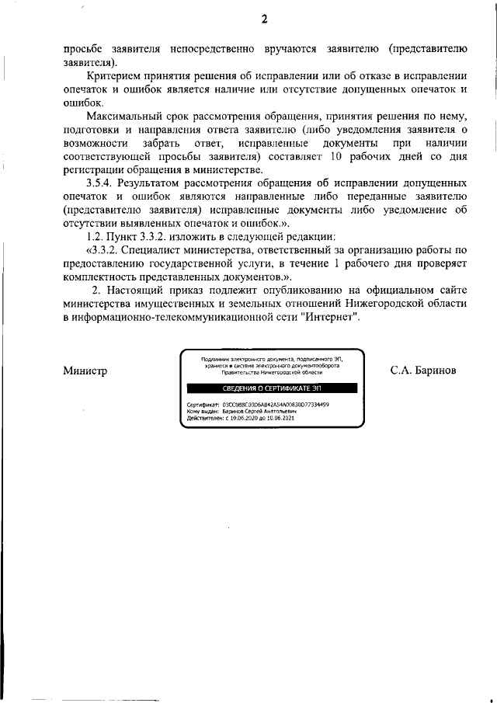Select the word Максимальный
127,116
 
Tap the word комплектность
100,276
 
